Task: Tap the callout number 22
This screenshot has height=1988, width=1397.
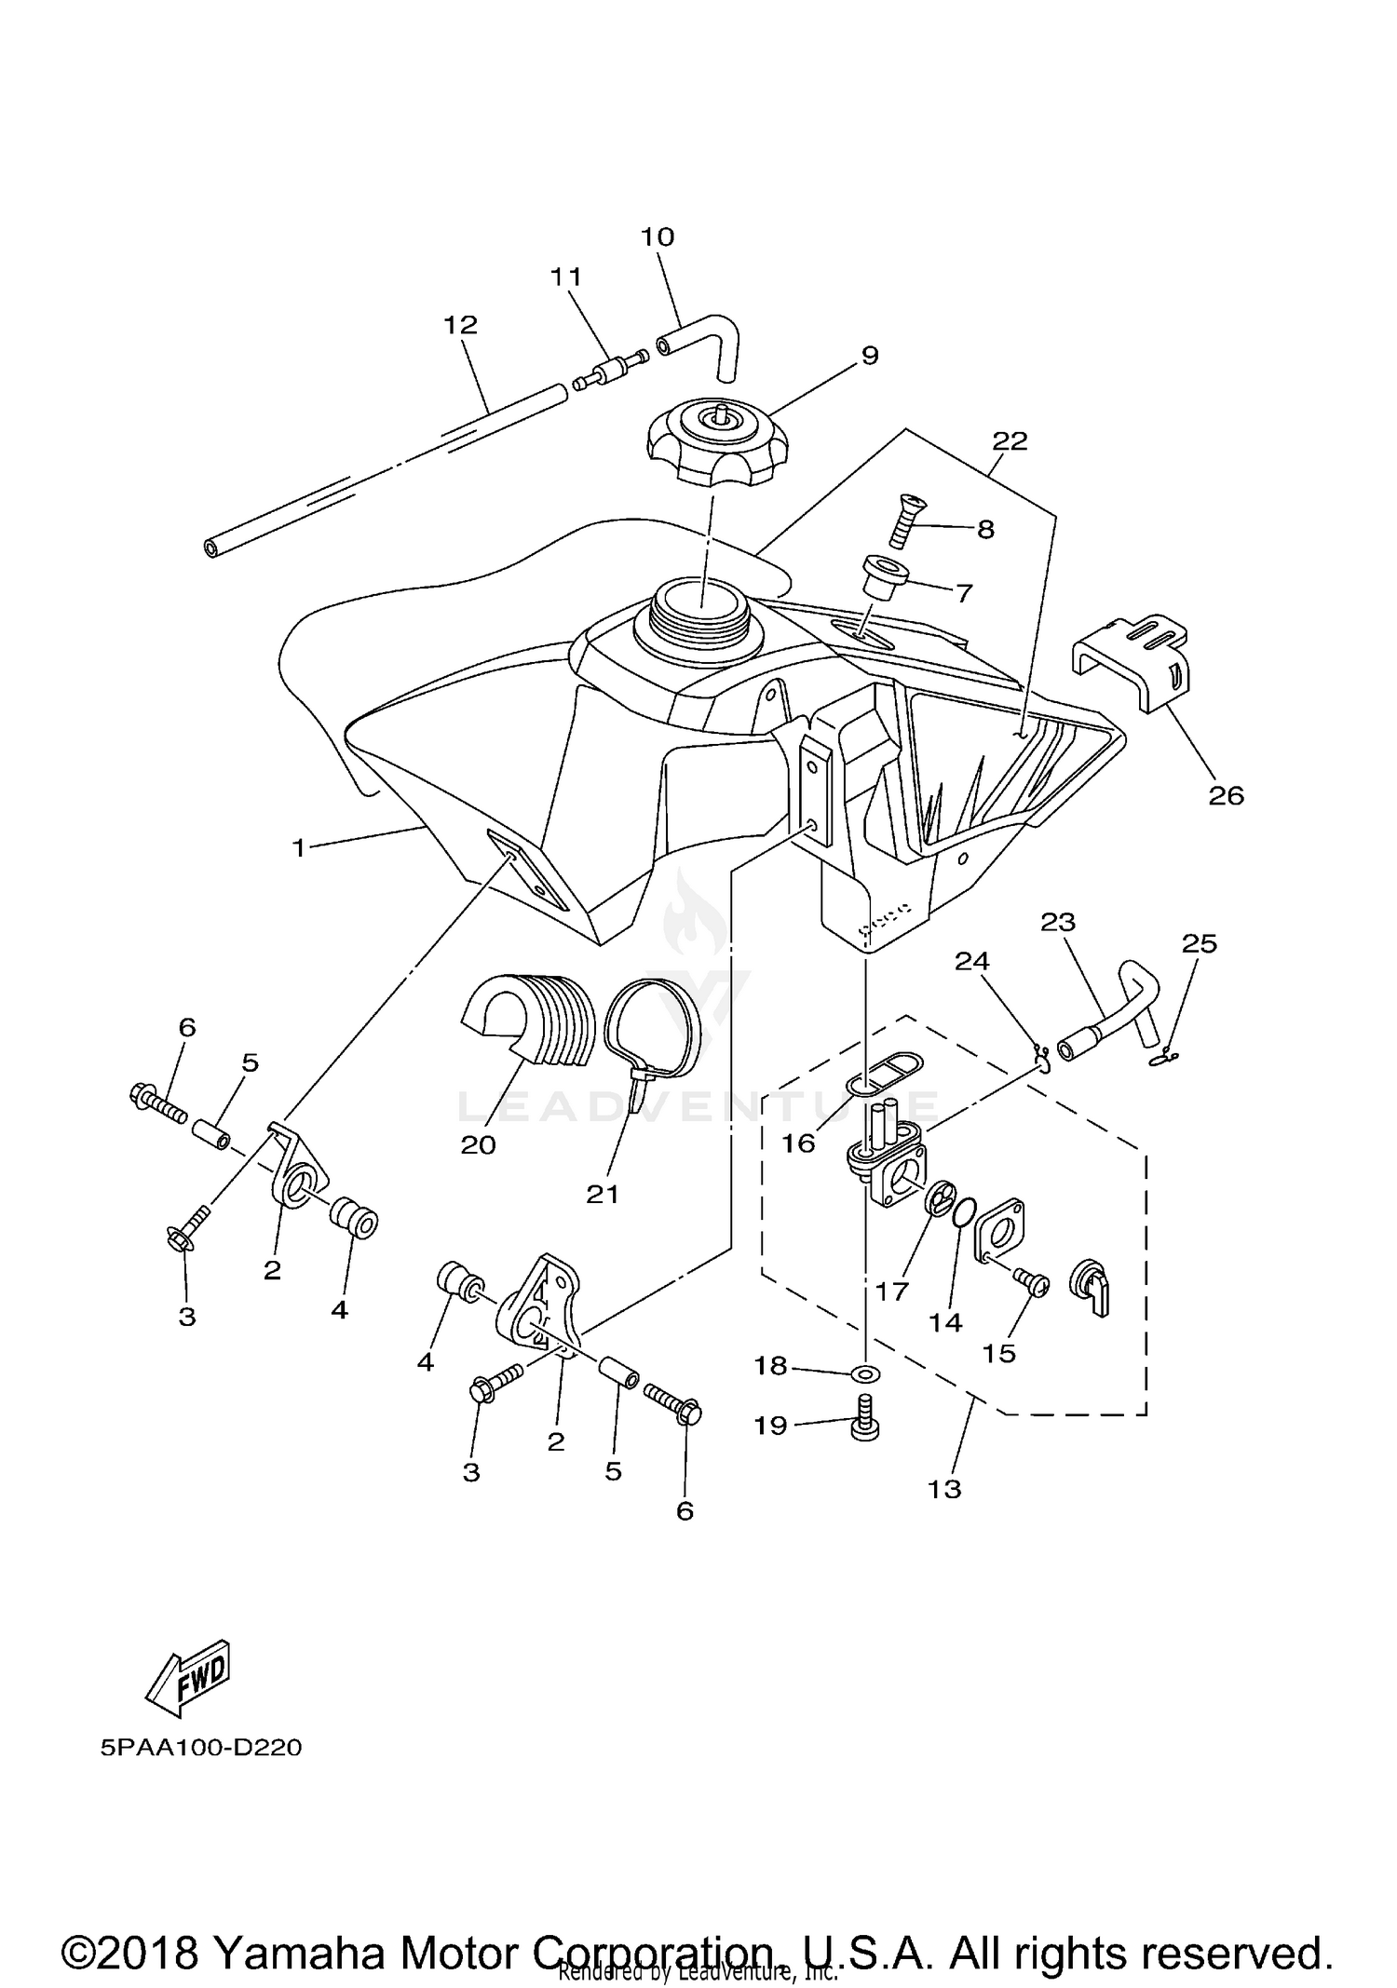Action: pos(1010,440)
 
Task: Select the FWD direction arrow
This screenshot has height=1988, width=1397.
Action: pos(187,1678)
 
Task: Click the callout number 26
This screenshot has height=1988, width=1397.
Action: pos(1227,795)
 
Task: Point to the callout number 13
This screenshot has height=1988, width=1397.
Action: pos(943,1488)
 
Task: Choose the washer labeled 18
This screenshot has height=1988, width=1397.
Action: pos(866,1373)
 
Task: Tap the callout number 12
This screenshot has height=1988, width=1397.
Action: pos(460,325)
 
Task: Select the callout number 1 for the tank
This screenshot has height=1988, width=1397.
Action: pos(298,847)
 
